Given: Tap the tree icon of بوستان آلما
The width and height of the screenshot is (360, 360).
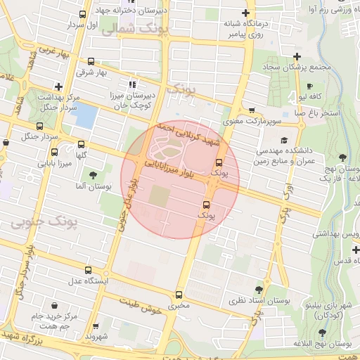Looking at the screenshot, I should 92,174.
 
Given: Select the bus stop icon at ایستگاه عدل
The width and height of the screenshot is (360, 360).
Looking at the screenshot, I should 88,270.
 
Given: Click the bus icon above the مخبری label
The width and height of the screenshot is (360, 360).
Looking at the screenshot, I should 179,295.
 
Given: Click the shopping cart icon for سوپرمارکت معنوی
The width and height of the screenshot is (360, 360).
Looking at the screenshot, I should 252,110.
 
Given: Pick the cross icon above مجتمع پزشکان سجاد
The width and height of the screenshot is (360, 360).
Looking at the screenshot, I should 297,56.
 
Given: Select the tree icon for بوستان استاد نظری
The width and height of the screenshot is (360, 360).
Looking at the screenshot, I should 259,289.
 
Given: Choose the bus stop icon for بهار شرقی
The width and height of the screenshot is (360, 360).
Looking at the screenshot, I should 91,61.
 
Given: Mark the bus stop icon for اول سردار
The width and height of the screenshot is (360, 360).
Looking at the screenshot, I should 83,14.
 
